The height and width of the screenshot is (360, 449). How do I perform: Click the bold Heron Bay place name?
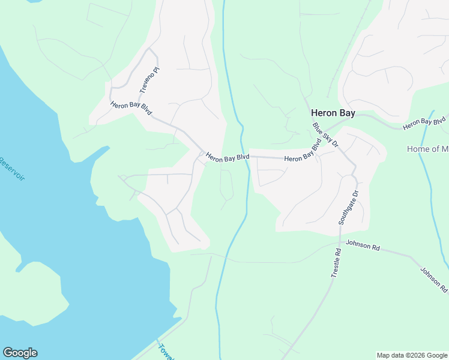[333, 112]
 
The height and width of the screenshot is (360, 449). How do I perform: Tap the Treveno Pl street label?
[149, 80]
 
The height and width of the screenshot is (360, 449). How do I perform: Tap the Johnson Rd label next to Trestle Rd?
[364, 246]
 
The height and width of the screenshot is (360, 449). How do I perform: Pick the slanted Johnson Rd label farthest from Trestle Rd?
[433, 280]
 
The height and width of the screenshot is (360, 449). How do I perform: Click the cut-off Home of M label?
[427, 149]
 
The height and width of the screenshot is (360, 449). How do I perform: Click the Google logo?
[20, 353]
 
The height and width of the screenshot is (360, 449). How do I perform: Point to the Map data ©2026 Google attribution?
[411, 355]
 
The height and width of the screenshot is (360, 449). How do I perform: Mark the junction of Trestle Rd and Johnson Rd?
[340, 245]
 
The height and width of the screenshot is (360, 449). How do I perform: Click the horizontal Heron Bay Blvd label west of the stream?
[228, 157]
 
